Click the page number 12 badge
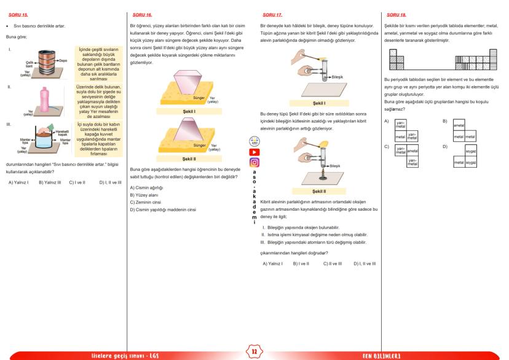(254, 351)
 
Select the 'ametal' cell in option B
(459, 125)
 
